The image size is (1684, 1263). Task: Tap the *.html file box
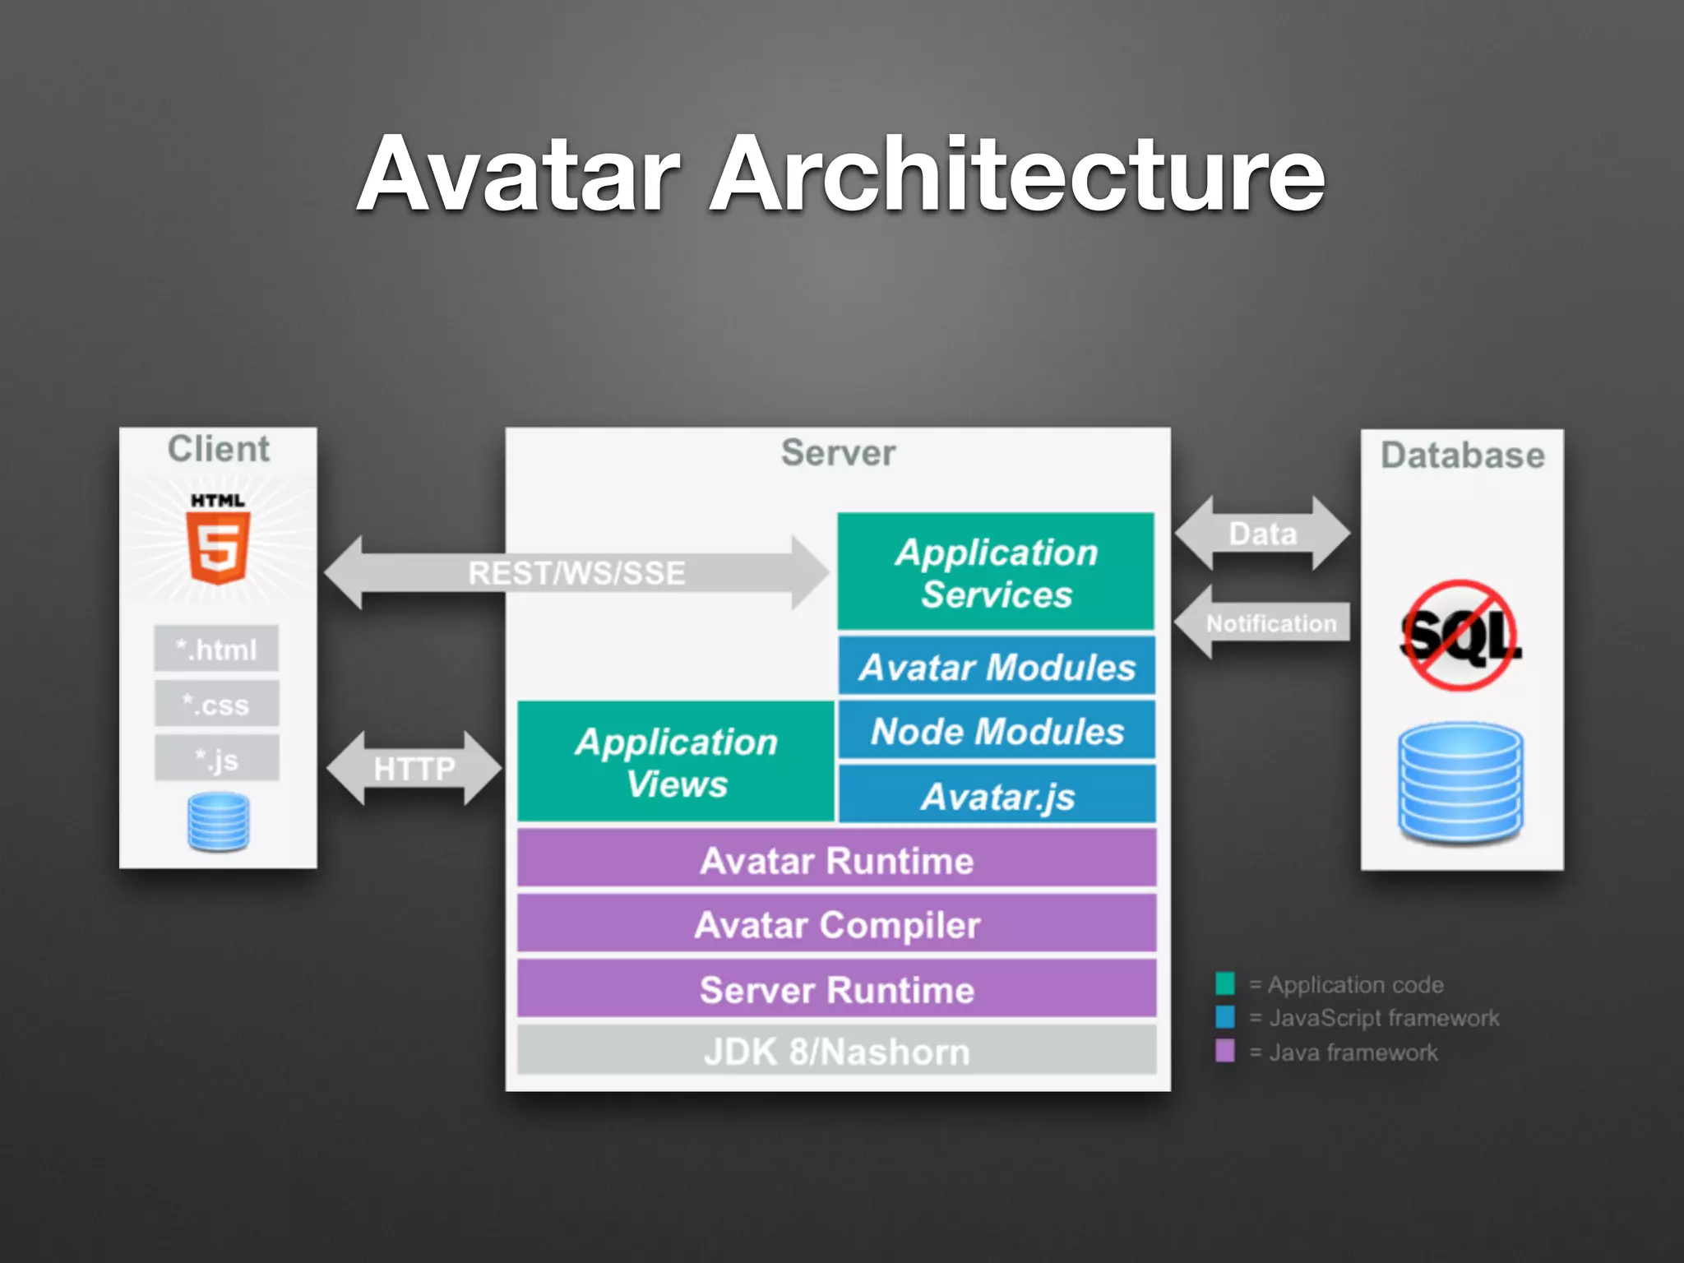click(x=216, y=650)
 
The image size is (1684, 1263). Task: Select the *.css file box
click(x=216, y=705)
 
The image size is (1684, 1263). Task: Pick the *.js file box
click(x=216, y=759)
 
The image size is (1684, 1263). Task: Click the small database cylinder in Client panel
click(x=218, y=822)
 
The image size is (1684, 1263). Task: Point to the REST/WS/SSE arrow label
click(x=576, y=573)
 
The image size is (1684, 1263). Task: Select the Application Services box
click(x=996, y=572)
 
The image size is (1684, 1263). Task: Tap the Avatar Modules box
click(x=997, y=667)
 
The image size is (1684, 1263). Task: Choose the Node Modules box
click(x=997, y=731)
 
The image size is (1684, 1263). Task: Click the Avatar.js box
click(x=997, y=796)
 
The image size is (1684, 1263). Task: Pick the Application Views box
click(x=676, y=762)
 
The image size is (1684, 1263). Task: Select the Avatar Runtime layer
click(x=836, y=860)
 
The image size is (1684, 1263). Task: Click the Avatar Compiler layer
click(x=836, y=924)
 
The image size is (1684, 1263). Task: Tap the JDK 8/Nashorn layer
click(x=836, y=1052)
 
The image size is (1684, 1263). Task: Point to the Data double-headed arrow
click(x=1262, y=534)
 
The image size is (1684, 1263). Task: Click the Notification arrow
click(x=1266, y=623)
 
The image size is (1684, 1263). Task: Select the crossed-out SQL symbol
click(x=1460, y=636)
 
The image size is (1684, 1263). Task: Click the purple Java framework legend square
click(x=1224, y=1052)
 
